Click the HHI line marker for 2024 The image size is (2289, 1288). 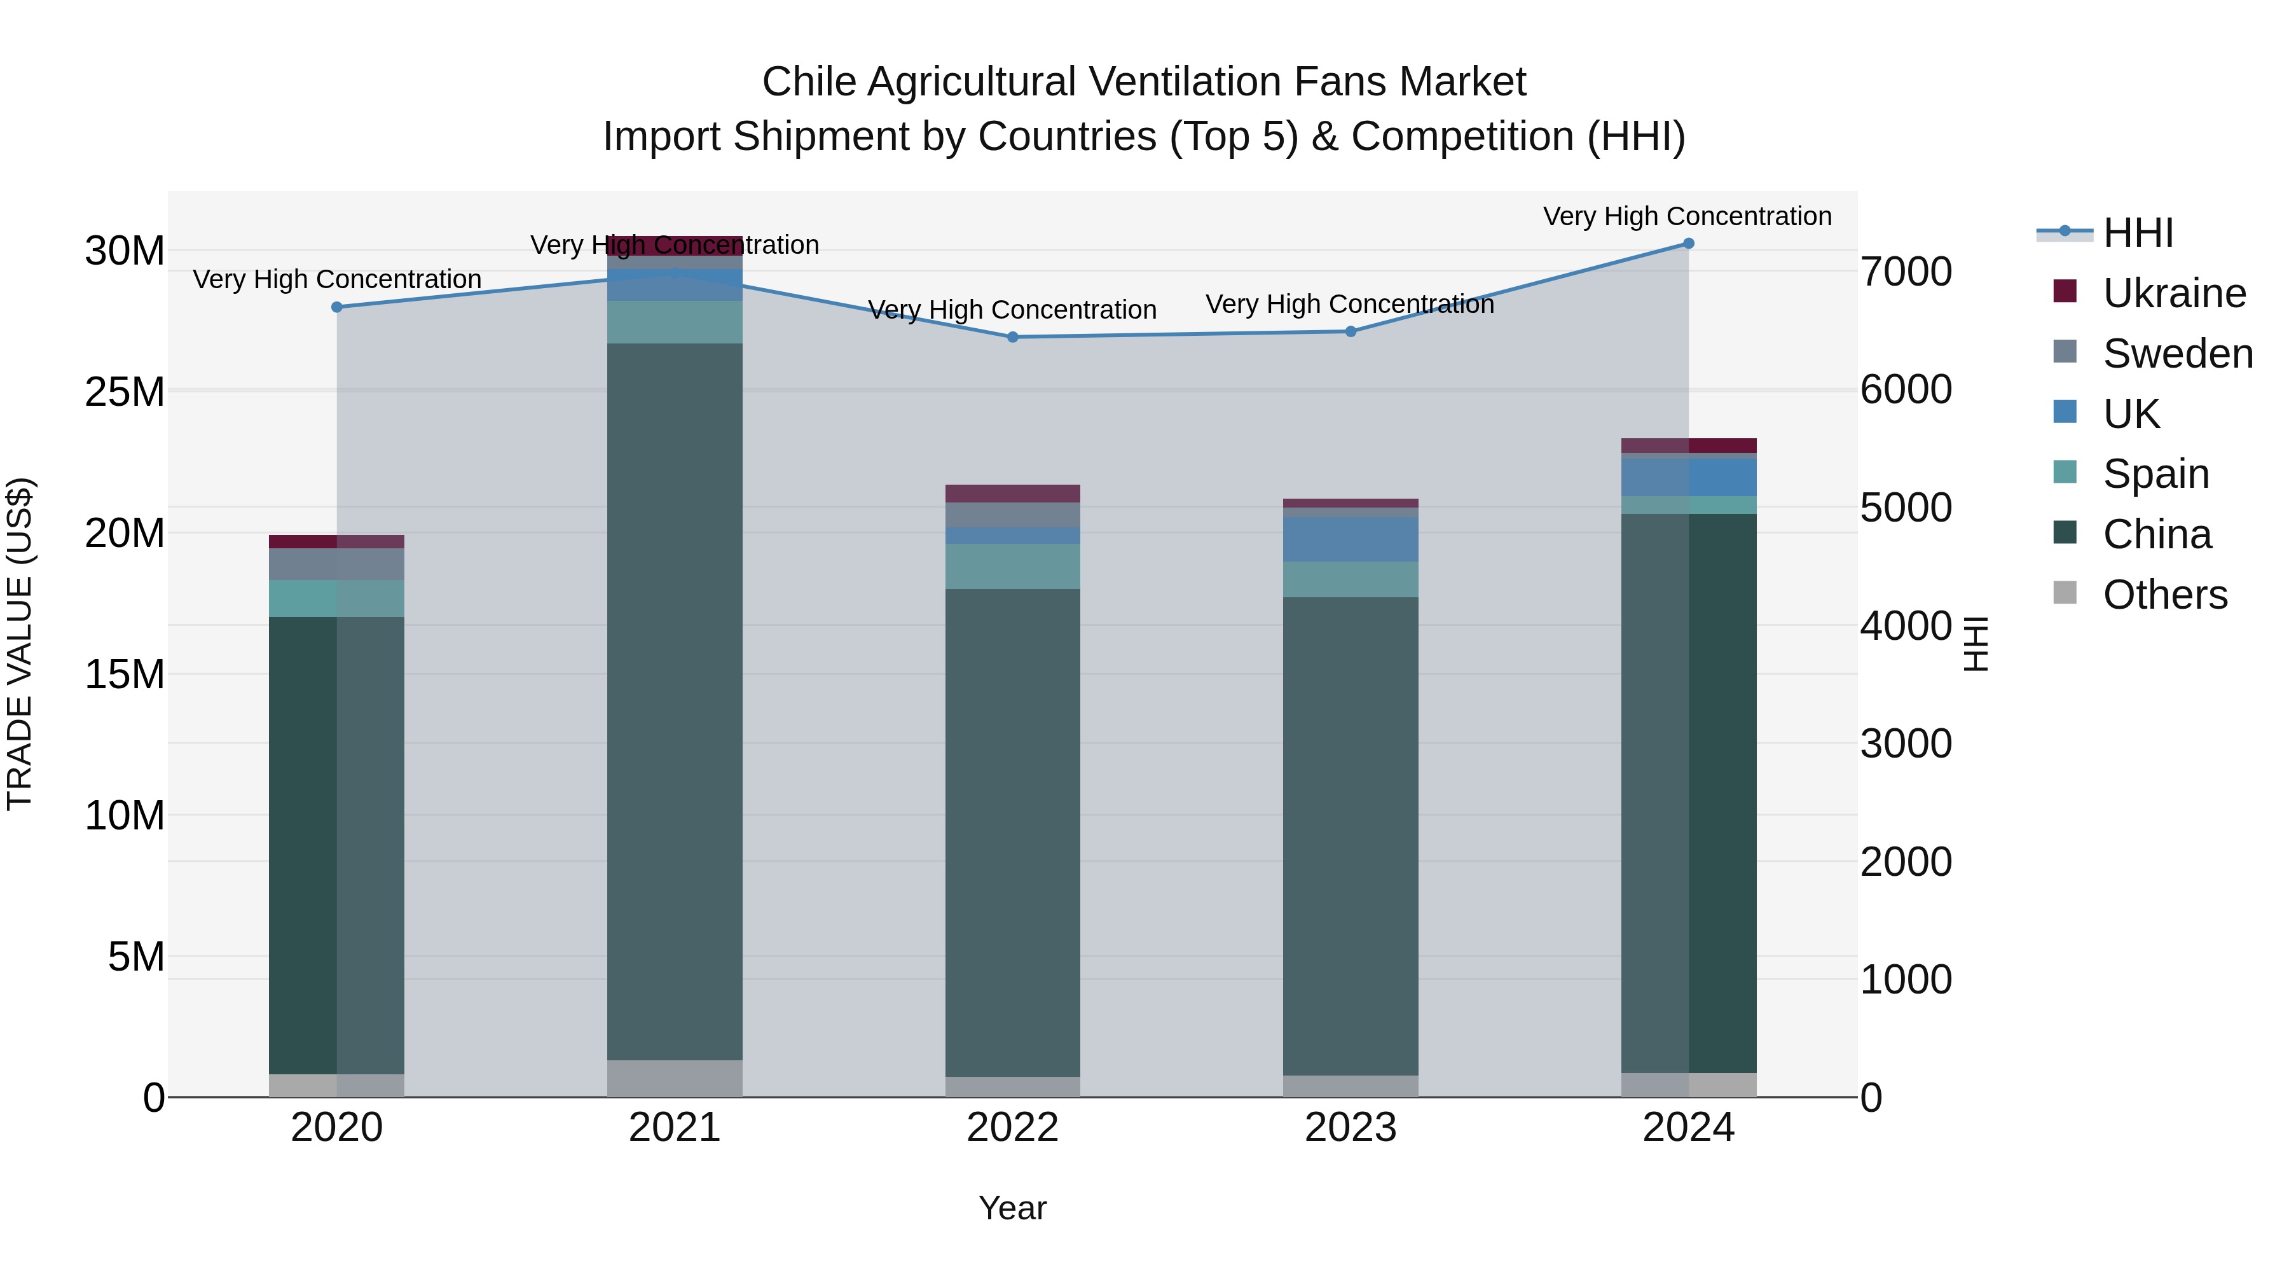coord(1688,244)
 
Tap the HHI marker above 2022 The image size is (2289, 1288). coord(1012,338)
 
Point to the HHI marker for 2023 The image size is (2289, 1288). coord(1351,331)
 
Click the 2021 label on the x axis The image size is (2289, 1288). coord(675,1128)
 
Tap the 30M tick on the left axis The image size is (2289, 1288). coord(125,251)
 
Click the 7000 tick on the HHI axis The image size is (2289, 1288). coord(1906,272)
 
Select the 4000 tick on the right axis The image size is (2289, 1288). coord(1906,626)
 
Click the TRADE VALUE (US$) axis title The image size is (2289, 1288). coord(20,644)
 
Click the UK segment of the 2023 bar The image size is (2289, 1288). coord(1351,539)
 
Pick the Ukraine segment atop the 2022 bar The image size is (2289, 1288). coord(1012,494)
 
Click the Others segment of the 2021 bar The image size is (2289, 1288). coord(675,1078)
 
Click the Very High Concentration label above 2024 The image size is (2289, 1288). coord(1688,217)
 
